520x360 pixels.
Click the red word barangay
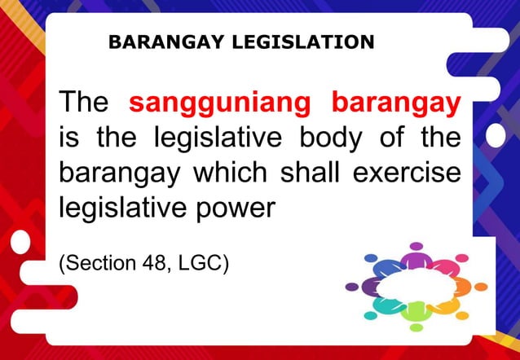(395, 104)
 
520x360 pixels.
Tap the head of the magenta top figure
(416, 246)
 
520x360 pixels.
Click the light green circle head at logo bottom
(416, 327)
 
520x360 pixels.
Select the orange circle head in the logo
(481, 287)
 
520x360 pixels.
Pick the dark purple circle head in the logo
(352, 287)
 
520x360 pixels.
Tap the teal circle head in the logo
(371, 315)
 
